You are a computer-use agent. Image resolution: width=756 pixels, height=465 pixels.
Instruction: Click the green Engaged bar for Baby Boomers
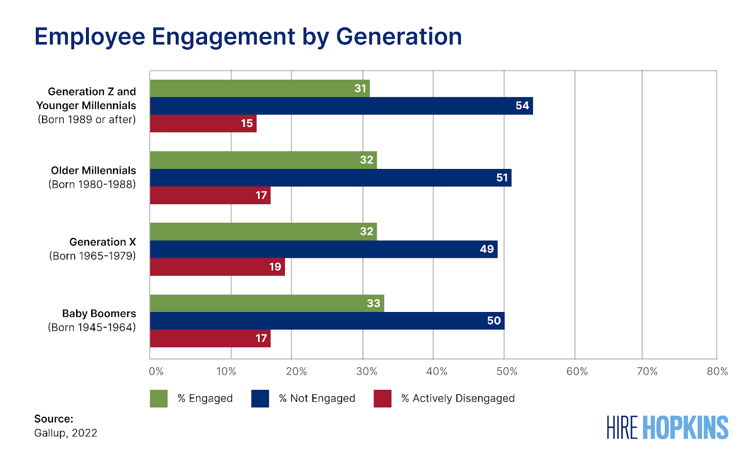(x=266, y=303)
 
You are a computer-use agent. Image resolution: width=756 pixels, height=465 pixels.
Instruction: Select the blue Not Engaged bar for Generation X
(x=323, y=249)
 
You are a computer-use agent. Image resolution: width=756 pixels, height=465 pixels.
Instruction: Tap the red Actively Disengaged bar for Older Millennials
(x=210, y=195)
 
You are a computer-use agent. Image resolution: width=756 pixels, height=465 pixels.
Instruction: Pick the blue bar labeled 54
(x=341, y=106)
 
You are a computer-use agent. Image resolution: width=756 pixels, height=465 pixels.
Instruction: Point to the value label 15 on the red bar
(x=247, y=124)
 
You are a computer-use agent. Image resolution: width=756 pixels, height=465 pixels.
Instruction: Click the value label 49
(x=487, y=249)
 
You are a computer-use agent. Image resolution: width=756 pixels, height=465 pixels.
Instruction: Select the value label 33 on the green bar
(x=373, y=303)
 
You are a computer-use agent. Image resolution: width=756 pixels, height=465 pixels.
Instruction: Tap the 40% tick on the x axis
(x=437, y=372)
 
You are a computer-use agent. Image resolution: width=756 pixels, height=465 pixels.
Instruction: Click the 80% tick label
(x=717, y=372)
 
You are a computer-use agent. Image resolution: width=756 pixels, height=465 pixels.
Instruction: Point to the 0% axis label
(x=156, y=372)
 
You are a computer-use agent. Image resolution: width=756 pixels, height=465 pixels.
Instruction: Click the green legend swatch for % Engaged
(x=159, y=398)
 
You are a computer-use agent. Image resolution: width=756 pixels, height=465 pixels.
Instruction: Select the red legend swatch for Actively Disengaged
(x=382, y=398)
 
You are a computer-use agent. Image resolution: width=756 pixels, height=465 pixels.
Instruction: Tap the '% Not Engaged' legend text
(x=317, y=398)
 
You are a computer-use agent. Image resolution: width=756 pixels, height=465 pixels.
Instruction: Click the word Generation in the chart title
(x=399, y=37)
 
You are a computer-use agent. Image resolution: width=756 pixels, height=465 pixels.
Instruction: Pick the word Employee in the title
(x=90, y=37)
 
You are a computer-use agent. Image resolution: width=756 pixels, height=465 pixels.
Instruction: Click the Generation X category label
(x=103, y=242)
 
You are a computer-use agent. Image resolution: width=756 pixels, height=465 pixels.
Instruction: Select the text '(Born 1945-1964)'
(x=92, y=328)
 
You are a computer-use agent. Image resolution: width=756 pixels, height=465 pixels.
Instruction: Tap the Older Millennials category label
(x=94, y=170)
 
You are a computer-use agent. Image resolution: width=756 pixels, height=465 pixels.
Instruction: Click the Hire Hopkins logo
(x=667, y=428)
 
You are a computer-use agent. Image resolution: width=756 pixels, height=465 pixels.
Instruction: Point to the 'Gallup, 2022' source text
(x=66, y=433)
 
